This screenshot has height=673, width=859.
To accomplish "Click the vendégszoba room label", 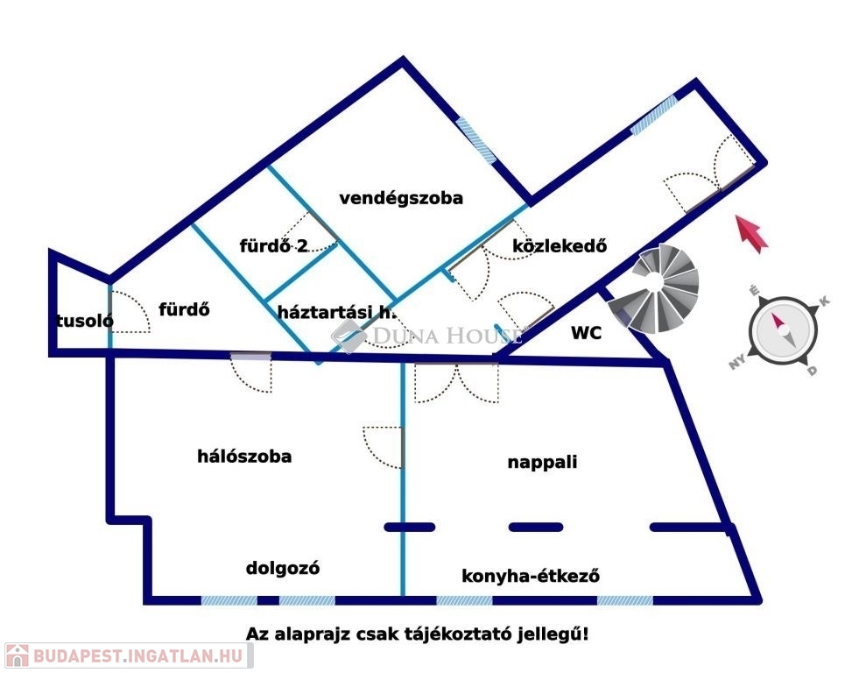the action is click(x=401, y=198).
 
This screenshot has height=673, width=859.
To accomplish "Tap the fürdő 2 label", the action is click(x=274, y=245).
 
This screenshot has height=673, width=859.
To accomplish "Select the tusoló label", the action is click(x=84, y=321).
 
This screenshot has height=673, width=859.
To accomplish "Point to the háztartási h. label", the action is click(x=336, y=312).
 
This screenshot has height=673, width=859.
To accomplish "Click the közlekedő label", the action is click(x=560, y=246).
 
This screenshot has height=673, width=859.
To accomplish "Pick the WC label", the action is click(x=586, y=333).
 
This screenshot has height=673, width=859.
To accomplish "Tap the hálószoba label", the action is click(x=244, y=457).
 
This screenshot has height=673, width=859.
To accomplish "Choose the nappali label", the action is click(x=542, y=462).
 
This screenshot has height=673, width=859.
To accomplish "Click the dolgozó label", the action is click(x=283, y=569).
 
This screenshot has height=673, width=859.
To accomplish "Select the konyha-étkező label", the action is click(x=531, y=576).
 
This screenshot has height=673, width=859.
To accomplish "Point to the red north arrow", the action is click(x=751, y=234).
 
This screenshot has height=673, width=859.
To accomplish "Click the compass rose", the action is click(x=784, y=330).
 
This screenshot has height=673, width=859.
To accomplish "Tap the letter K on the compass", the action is click(x=823, y=301).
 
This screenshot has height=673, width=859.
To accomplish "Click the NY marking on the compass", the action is click(x=736, y=362).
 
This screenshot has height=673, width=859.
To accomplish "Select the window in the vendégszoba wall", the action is click(x=476, y=139).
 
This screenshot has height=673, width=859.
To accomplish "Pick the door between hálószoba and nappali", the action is click(x=384, y=447).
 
